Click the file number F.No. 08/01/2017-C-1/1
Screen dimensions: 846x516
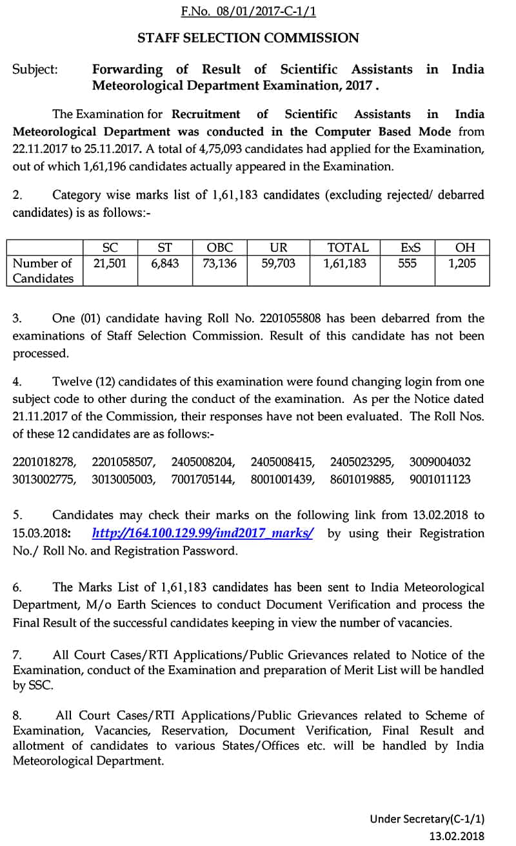click(x=248, y=12)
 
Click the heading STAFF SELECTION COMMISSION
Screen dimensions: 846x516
click(x=248, y=38)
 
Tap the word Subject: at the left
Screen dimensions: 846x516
click(x=35, y=70)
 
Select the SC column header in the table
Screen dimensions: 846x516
click(x=110, y=247)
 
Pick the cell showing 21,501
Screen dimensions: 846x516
click(x=110, y=263)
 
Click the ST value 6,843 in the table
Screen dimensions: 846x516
click(x=165, y=263)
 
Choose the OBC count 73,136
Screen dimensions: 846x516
click(x=219, y=263)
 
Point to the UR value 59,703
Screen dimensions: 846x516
click(x=278, y=263)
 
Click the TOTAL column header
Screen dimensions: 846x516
click(x=348, y=247)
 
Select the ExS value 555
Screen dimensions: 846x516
click(x=407, y=263)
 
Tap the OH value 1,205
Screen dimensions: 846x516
click(x=462, y=263)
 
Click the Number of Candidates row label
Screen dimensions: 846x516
click(x=43, y=271)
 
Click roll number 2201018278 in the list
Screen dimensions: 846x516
click(x=45, y=462)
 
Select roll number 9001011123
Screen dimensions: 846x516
click(x=440, y=479)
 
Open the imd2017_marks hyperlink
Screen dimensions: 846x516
click(x=203, y=533)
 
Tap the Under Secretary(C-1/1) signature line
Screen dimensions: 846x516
click(x=426, y=819)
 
